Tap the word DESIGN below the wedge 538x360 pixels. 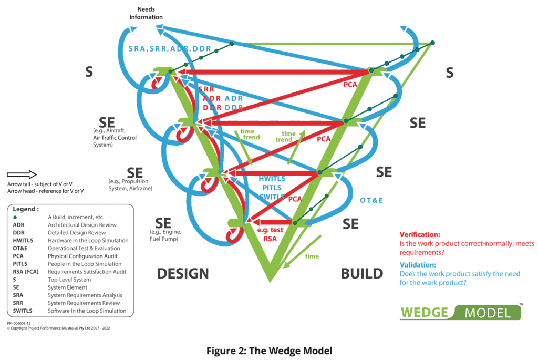tap(183, 273)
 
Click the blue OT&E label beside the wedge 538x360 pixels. tap(371, 200)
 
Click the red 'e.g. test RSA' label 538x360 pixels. tap(271, 234)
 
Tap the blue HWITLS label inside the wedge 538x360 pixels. tap(272, 178)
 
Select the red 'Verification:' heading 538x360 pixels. tap(420, 234)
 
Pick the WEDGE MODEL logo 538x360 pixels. tap(461, 312)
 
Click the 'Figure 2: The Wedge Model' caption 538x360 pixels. tap(268, 350)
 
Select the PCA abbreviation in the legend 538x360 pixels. tap(19, 256)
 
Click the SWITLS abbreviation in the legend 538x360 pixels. tap(23, 311)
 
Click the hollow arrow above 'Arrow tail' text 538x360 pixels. tap(22, 174)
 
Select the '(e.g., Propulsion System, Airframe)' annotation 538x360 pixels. tap(130, 184)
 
